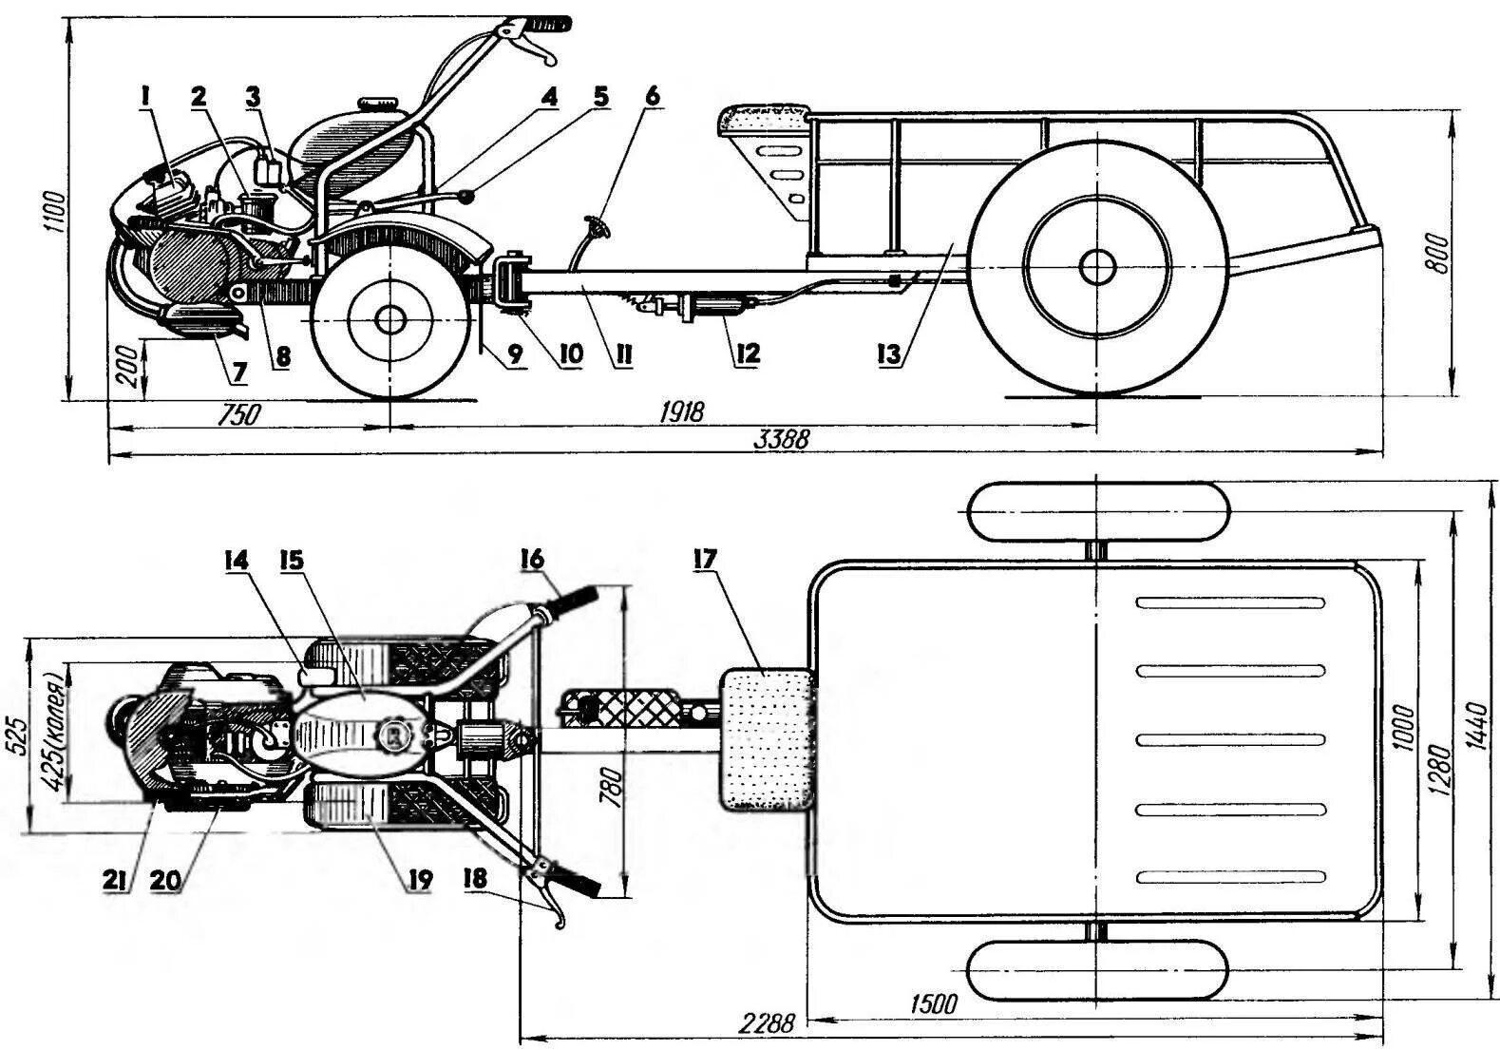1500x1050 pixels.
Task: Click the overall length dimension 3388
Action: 782,440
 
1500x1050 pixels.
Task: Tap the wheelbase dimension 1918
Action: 683,412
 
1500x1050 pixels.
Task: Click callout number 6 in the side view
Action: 651,96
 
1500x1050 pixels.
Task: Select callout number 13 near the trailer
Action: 890,354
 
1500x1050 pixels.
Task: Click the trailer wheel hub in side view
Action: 1097,266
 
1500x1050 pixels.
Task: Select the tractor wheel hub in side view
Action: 389,319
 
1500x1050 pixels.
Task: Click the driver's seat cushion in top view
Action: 767,739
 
